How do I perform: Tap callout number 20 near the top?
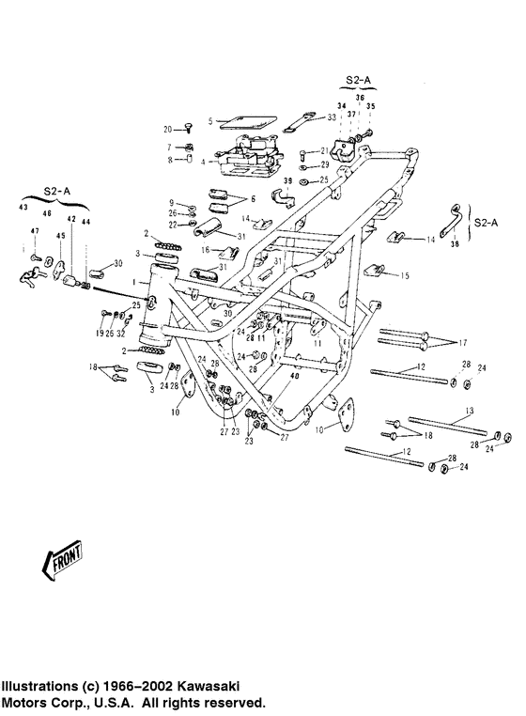(169, 129)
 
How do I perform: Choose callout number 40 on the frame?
(293, 376)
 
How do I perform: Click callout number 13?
(470, 412)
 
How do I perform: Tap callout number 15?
(406, 276)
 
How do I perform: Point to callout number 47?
(34, 230)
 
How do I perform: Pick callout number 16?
(205, 251)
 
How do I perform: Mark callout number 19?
(99, 334)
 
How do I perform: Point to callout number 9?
(172, 203)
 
